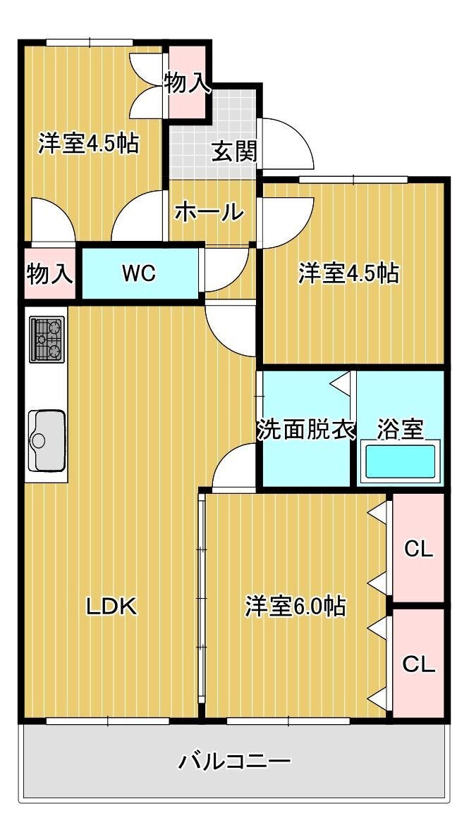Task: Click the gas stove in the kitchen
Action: (x=47, y=340)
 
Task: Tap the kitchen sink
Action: (x=47, y=441)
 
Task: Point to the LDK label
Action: (x=113, y=607)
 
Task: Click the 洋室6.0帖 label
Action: (x=296, y=607)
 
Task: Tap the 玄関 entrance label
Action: (x=233, y=152)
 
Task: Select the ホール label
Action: (x=209, y=213)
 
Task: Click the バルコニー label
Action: (x=234, y=760)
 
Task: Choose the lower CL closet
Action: (x=419, y=664)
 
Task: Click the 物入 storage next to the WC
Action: (x=50, y=273)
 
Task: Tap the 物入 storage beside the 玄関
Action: (x=187, y=82)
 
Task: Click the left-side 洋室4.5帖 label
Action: (x=88, y=144)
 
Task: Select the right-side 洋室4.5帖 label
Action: (x=349, y=273)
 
